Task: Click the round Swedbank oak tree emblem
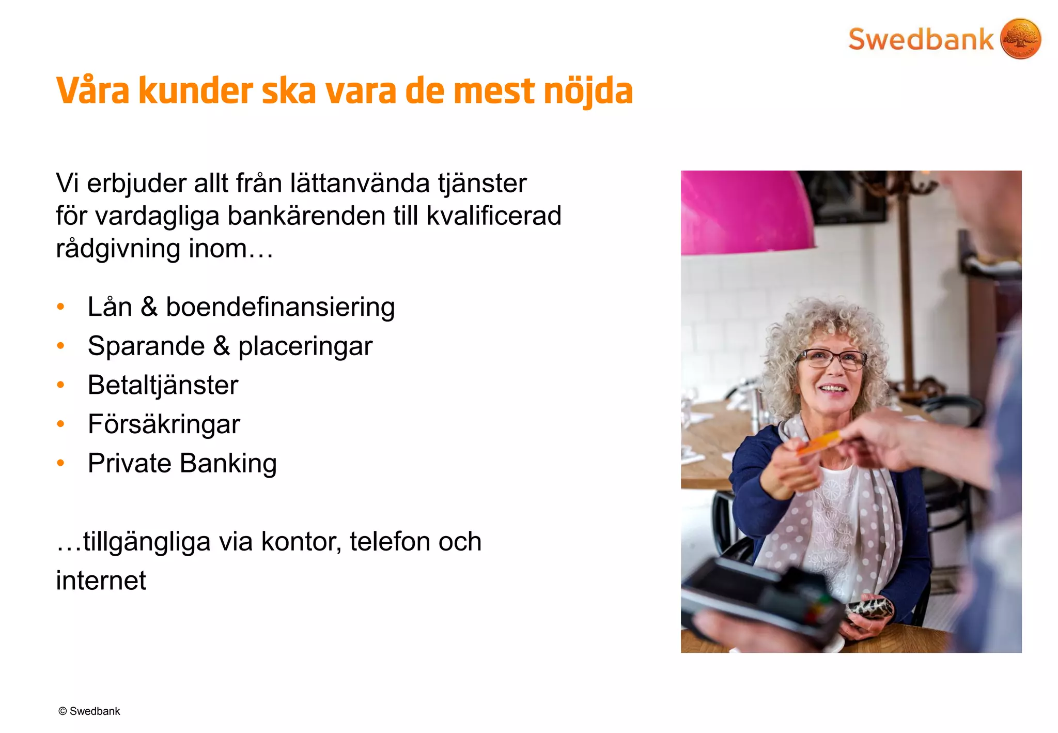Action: coord(1020,39)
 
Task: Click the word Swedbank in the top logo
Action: coord(921,40)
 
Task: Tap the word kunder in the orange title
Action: coord(195,91)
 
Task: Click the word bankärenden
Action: coord(307,216)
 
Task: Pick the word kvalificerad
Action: coord(494,216)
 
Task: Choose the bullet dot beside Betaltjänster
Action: coord(61,385)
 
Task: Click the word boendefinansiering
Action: coord(280,307)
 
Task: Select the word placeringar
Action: coord(305,346)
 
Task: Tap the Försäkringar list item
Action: coord(164,424)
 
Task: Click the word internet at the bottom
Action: coord(101,581)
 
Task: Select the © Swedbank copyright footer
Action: coord(89,711)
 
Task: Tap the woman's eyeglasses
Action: coord(832,358)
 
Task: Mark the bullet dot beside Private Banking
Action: coord(61,463)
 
